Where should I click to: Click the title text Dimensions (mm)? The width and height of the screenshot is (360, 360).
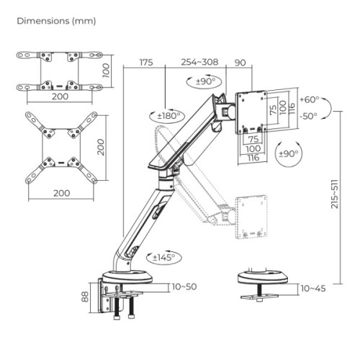[x=55, y=21]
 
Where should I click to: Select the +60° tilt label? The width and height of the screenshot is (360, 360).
[x=308, y=100]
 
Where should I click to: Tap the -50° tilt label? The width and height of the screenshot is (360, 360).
[x=308, y=115]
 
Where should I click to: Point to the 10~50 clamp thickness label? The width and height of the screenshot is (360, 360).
[x=184, y=287]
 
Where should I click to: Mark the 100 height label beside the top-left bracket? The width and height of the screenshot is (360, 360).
[x=106, y=70]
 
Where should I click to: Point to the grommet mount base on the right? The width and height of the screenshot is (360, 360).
[x=262, y=277]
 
